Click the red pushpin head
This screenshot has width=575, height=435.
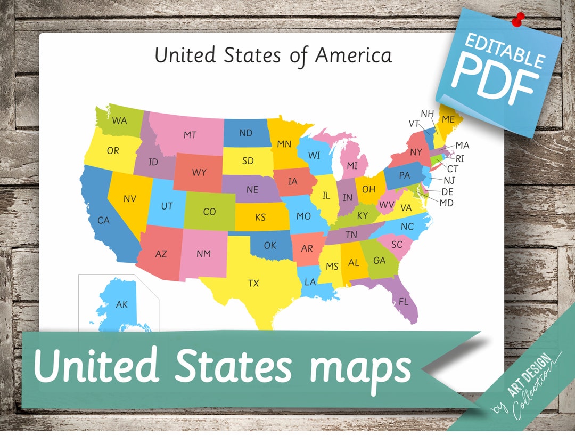point(517,18)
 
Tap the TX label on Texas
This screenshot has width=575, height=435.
point(253,283)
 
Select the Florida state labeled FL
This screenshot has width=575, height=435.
point(404,302)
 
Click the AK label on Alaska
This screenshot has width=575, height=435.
point(122,304)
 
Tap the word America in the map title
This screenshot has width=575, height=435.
point(354,55)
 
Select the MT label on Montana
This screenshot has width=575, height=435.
point(190,135)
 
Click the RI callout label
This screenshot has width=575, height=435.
point(460,158)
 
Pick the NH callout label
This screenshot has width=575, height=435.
point(428,114)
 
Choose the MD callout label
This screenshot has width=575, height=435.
point(446,203)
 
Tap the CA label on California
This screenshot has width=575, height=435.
point(103,220)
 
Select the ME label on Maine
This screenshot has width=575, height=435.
point(449,119)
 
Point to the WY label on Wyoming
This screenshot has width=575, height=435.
point(199,173)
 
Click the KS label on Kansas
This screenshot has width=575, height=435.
point(260,217)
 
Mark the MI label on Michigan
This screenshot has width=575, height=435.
point(352,166)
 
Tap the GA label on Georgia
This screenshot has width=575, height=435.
point(379,261)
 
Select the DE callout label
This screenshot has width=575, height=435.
point(447,192)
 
